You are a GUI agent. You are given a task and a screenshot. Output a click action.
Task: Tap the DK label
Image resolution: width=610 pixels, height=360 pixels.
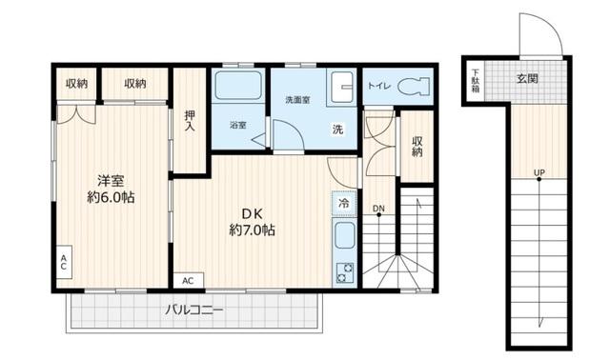[252, 211]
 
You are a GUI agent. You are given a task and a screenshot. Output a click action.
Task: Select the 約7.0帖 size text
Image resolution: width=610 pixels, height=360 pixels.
[252, 230]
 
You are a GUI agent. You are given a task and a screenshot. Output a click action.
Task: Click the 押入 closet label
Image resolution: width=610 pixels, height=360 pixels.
[190, 121]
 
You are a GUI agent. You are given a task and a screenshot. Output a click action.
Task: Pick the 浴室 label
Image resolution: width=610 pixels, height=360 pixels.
[237, 125]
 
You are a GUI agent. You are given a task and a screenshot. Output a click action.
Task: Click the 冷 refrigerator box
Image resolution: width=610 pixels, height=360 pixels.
[342, 203]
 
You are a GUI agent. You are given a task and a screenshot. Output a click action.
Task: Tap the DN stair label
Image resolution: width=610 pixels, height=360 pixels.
[378, 209]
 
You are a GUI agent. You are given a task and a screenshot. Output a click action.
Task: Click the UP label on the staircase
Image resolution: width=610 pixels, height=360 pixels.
[539, 172]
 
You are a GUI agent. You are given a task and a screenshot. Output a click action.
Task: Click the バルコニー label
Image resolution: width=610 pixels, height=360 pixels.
[193, 310]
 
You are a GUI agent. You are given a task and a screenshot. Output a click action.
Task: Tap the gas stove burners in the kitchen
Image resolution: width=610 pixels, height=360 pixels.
[343, 271]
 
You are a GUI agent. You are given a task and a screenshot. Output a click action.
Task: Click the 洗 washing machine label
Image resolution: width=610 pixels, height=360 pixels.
[337, 129]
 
